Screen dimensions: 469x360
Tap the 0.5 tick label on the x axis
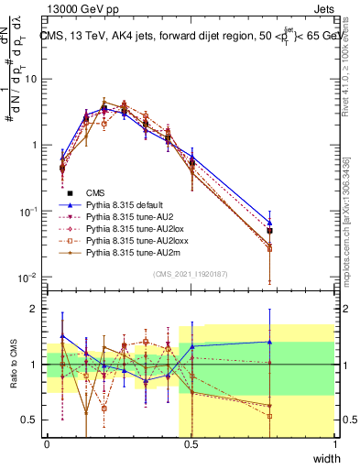(x=191, y=445)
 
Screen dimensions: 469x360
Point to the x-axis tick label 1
(x=334, y=445)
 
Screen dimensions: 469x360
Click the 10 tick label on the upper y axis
(x=30, y=79)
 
